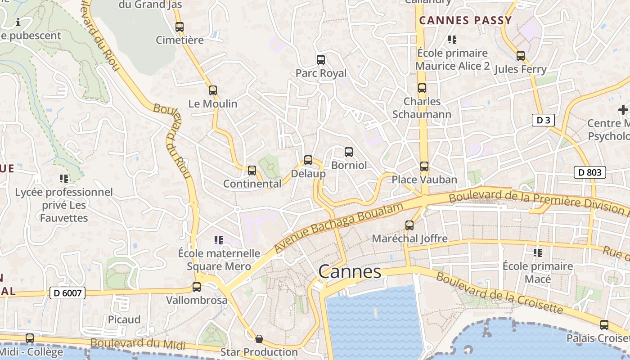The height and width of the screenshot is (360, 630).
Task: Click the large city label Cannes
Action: (x=350, y=272)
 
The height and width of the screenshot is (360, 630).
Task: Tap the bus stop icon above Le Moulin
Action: (x=213, y=90)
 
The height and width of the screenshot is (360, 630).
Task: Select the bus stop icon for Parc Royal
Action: (x=321, y=59)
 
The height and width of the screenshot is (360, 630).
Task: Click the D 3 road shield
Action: (x=543, y=120)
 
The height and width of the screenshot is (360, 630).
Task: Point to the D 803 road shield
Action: (x=590, y=172)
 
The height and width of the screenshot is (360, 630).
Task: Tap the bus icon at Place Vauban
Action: (x=424, y=166)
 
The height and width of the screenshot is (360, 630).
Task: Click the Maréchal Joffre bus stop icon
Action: (x=409, y=225)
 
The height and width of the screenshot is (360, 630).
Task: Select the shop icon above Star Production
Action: (x=259, y=338)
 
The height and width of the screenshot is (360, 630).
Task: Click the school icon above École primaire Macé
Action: (x=537, y=253)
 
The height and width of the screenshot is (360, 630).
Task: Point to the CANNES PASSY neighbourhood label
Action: (x=466, y=20)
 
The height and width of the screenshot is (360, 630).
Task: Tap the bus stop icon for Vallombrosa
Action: (x=197, y=287)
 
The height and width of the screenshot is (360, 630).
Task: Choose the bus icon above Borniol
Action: (x=349, y=152)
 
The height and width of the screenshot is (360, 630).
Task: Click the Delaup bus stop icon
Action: (x=308, y=160)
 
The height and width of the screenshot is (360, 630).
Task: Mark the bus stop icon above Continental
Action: (x=252, y=171)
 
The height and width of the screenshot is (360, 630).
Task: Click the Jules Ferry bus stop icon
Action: (x=521, y=56)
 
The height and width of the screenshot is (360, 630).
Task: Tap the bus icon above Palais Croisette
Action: (x=604, y=324)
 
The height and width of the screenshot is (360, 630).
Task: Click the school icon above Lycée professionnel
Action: (x=64, y=179)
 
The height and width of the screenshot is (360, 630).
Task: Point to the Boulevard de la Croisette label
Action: (x=499, y=293)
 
